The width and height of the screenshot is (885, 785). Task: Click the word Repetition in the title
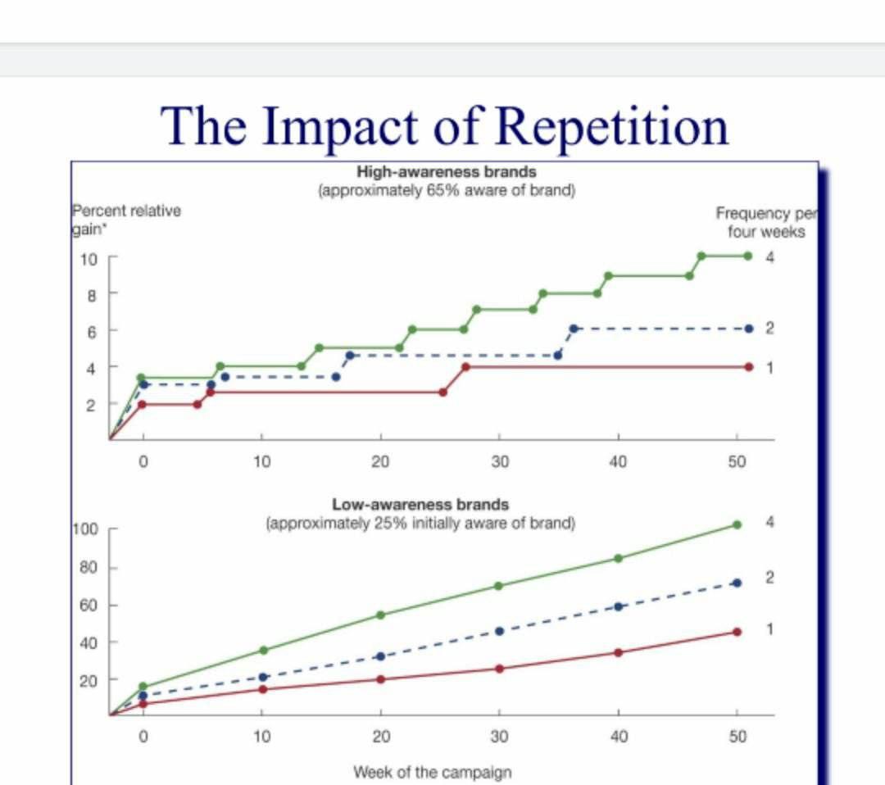(612, 125)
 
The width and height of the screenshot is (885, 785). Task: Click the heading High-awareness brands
(447, 172)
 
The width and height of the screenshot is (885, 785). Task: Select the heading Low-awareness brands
(420, 504)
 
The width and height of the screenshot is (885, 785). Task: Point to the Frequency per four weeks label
(765, 222)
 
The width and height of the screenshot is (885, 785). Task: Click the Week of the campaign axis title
(433, 772)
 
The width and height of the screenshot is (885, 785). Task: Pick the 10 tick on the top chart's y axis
(88, 259)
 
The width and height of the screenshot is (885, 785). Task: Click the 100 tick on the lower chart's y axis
(85, 529)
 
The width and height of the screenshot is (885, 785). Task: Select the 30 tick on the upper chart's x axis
(499, 462)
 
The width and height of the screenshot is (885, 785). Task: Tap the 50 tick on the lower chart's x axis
(737, 737)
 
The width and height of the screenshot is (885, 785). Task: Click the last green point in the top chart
(748, 256)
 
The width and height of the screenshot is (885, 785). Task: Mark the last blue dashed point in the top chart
(748, 329)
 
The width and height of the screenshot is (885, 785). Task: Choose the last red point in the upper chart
(748, 366)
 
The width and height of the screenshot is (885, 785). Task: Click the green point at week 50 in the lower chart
(737, 524)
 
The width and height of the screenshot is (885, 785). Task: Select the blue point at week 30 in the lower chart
(499, 631)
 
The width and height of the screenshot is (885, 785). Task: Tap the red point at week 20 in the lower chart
(380, 679)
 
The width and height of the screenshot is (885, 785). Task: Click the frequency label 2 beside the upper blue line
(769, 329)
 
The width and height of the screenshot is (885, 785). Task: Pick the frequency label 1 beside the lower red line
(769, 628)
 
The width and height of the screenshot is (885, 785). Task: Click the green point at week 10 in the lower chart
(263, 650)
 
